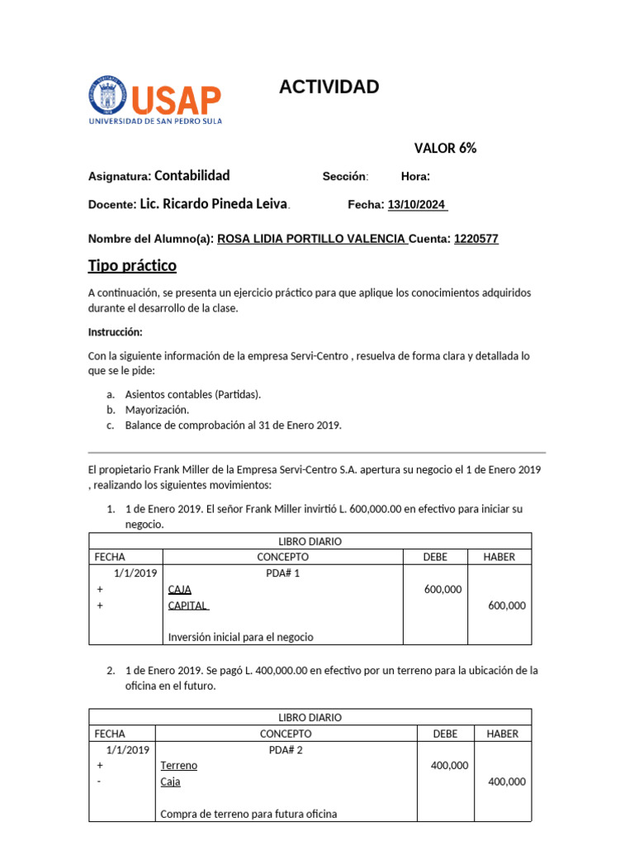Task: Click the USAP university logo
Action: [x=154, y=100]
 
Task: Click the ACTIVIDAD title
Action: [x=329, y=87]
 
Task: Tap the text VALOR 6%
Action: [x=445, y=149]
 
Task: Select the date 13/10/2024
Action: [x=417, y=205]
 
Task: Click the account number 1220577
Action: [x=476, y=240]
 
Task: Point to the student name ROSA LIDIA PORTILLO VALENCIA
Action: [x=311, y=240]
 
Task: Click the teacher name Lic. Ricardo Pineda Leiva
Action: [x=214, y=204]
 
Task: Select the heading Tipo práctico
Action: [x=132, y=266]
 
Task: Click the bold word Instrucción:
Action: [x=116, y=332]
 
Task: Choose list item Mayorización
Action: [x=157, y=410]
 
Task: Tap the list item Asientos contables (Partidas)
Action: [x=193, y=394]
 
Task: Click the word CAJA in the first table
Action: [x=179, y=590]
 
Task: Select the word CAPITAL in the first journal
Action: [x=188, y=606]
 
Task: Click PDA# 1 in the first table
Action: [x=283, y=573]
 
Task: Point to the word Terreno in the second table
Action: [x=179, y=766]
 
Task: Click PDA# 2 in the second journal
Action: [x=286, y=750]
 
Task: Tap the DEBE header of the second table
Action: [x=445, y=734]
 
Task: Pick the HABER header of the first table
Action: [x=499, y=558]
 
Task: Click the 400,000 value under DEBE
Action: [x=449, y=766]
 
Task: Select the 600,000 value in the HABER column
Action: [x=507, y=606]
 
